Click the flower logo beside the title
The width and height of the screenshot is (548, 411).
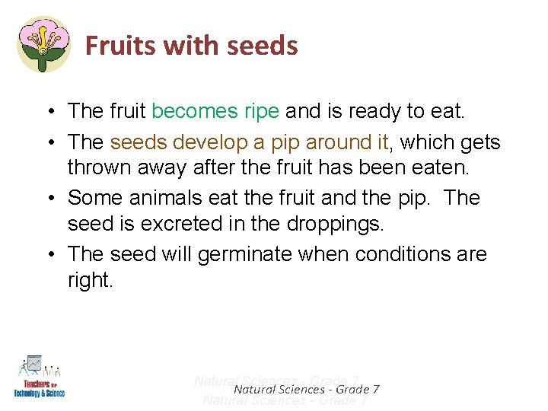pos(43,44)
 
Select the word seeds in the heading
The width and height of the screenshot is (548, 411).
pos(263,46)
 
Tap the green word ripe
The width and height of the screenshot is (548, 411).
pos(263,112)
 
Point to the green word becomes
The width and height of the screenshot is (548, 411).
pos(195,112)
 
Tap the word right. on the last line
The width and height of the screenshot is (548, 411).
pos(90,281)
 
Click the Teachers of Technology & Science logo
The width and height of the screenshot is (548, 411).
pos(39,376)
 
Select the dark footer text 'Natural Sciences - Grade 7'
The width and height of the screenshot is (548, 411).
pos(306,390)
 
